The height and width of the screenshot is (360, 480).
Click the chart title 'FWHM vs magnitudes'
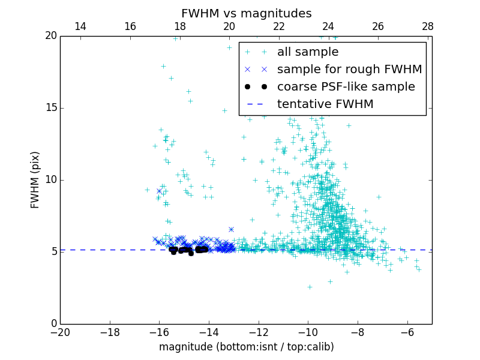coord(246,13)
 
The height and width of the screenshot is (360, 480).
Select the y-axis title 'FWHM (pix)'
coord(35,179)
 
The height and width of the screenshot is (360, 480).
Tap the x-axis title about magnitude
coord(246,347)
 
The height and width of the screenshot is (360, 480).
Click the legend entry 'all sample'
coord(308,52)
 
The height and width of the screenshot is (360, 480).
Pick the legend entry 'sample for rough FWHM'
coord(349,69)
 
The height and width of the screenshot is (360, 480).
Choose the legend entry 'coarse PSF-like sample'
coord(346,86)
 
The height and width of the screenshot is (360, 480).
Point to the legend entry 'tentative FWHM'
coord(325,104)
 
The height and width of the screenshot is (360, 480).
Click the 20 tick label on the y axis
coord(50,36)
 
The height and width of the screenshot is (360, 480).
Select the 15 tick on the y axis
coord(50,108)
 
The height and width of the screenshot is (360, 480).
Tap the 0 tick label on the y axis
coord(53,324)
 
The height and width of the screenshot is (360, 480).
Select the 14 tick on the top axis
coord(80,26)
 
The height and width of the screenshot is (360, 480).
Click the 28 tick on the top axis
coord(427,26)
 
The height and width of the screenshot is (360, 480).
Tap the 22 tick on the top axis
coord(278,26)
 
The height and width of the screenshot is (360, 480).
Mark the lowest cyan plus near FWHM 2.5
coord(310,287)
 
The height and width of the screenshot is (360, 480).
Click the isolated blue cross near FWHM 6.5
coord(231,229)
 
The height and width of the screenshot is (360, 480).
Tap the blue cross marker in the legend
coord(255,69)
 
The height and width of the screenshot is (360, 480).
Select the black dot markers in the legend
coord(255,86)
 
